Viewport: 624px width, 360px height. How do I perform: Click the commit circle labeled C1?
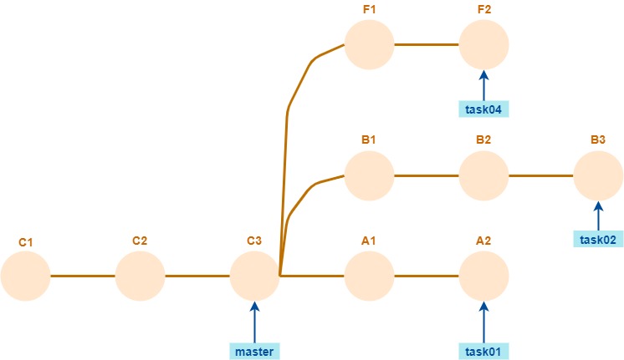click(x=26, y=276)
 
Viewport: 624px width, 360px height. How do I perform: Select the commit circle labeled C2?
click(x=141, y=276)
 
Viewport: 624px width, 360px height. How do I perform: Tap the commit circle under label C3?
click(x=254, y=276)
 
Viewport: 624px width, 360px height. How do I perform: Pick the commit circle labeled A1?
click(x=369, y=276)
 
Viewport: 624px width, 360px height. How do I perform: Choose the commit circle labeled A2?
click(x=483, y=276)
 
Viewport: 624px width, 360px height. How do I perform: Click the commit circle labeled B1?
click(x=369, y=175)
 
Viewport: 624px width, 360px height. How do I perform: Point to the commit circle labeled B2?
click(x=483, y=175)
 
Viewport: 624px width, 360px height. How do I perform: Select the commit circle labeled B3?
click(x=598, y=175)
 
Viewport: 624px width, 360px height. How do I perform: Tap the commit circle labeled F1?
click(x=369, y=44)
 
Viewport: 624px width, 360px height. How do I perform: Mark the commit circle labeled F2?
click(x=483, y=44)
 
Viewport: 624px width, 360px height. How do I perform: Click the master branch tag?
click(x=254, y=351)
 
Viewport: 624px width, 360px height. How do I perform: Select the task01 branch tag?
click(x=483, y=351)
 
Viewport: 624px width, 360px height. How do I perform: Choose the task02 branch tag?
click(x=598, y=240)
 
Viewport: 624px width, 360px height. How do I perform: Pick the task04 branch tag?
click(x=483, y=109)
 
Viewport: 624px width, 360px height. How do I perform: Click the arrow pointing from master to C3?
click(x=254, y=322)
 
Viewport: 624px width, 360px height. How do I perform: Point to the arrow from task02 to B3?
click(x=598, y=215)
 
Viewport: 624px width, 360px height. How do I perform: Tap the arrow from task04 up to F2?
click(x=483, y=84)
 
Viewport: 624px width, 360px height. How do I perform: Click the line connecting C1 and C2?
click(x=83, y=276)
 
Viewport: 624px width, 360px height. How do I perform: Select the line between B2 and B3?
click(x=540, y=175)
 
